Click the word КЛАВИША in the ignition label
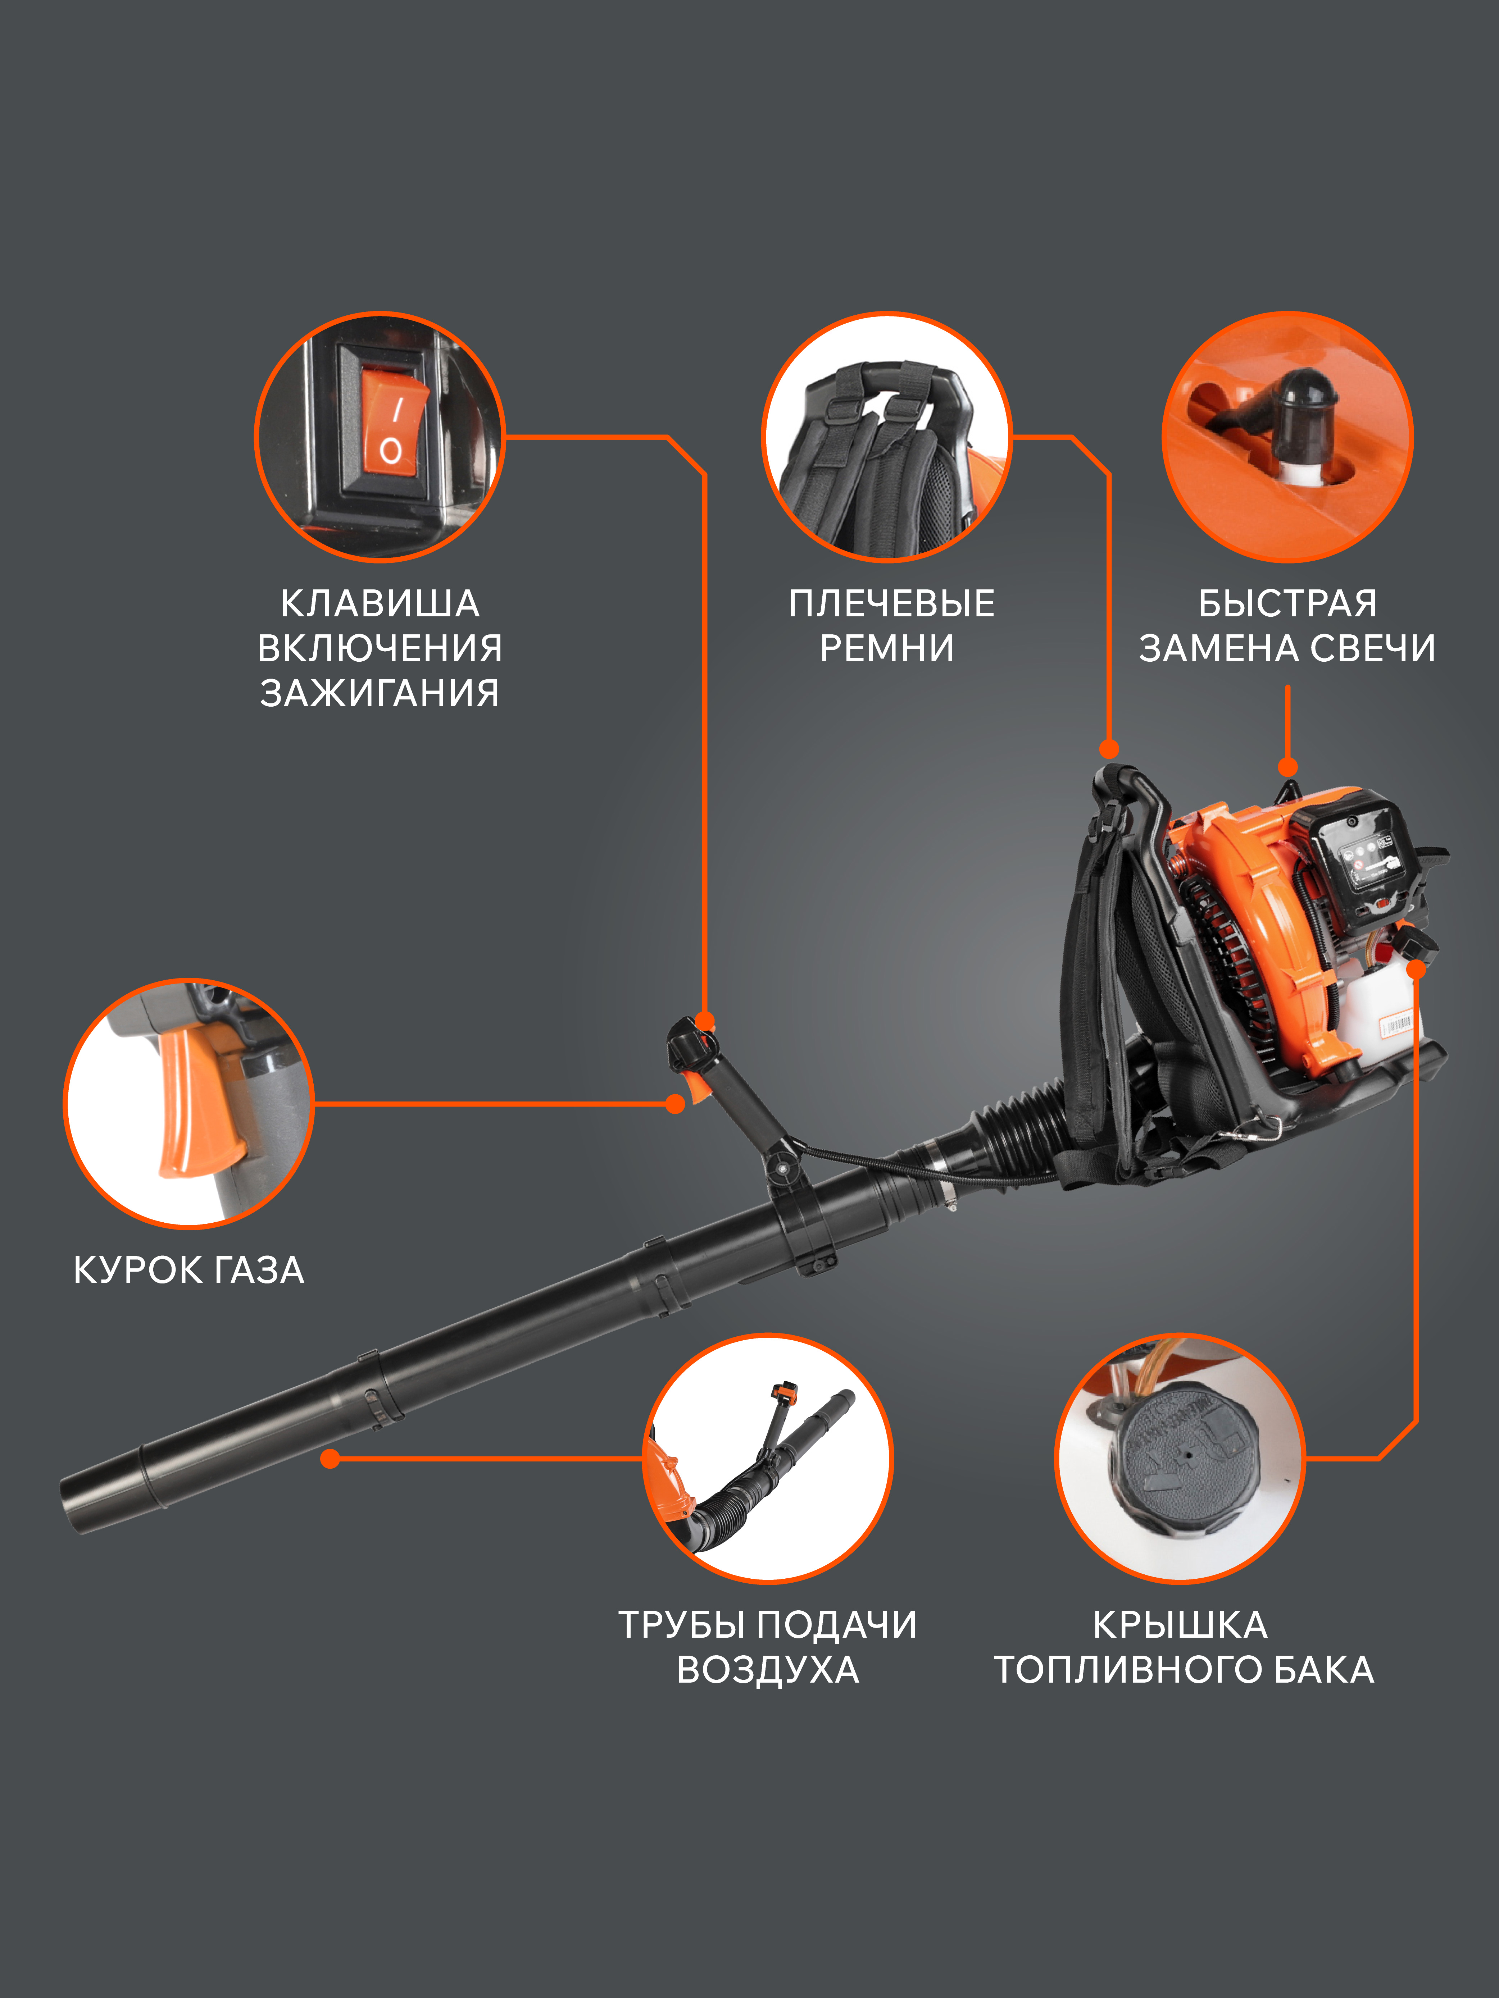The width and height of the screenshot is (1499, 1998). click(380, 603)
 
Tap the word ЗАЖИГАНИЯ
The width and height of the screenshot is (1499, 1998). click(380, 693)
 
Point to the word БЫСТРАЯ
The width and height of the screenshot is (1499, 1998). click(1287, 603)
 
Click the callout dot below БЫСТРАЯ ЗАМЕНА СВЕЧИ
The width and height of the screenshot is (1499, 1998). click(1287, 768)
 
